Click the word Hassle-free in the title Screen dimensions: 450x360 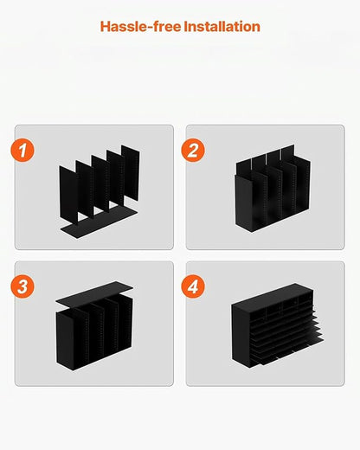point(135,27)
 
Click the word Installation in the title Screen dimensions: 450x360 point(216,27)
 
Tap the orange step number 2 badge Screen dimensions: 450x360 point(194,150)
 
